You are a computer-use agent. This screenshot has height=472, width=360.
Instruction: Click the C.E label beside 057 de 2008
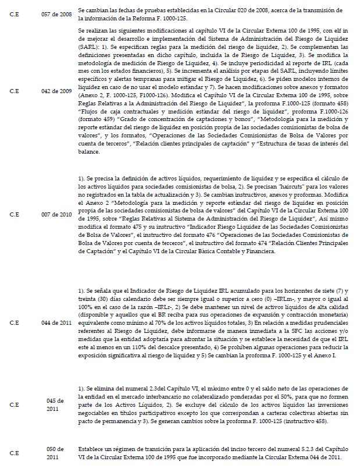15,12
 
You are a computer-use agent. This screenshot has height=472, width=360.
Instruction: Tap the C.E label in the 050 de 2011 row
15,453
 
